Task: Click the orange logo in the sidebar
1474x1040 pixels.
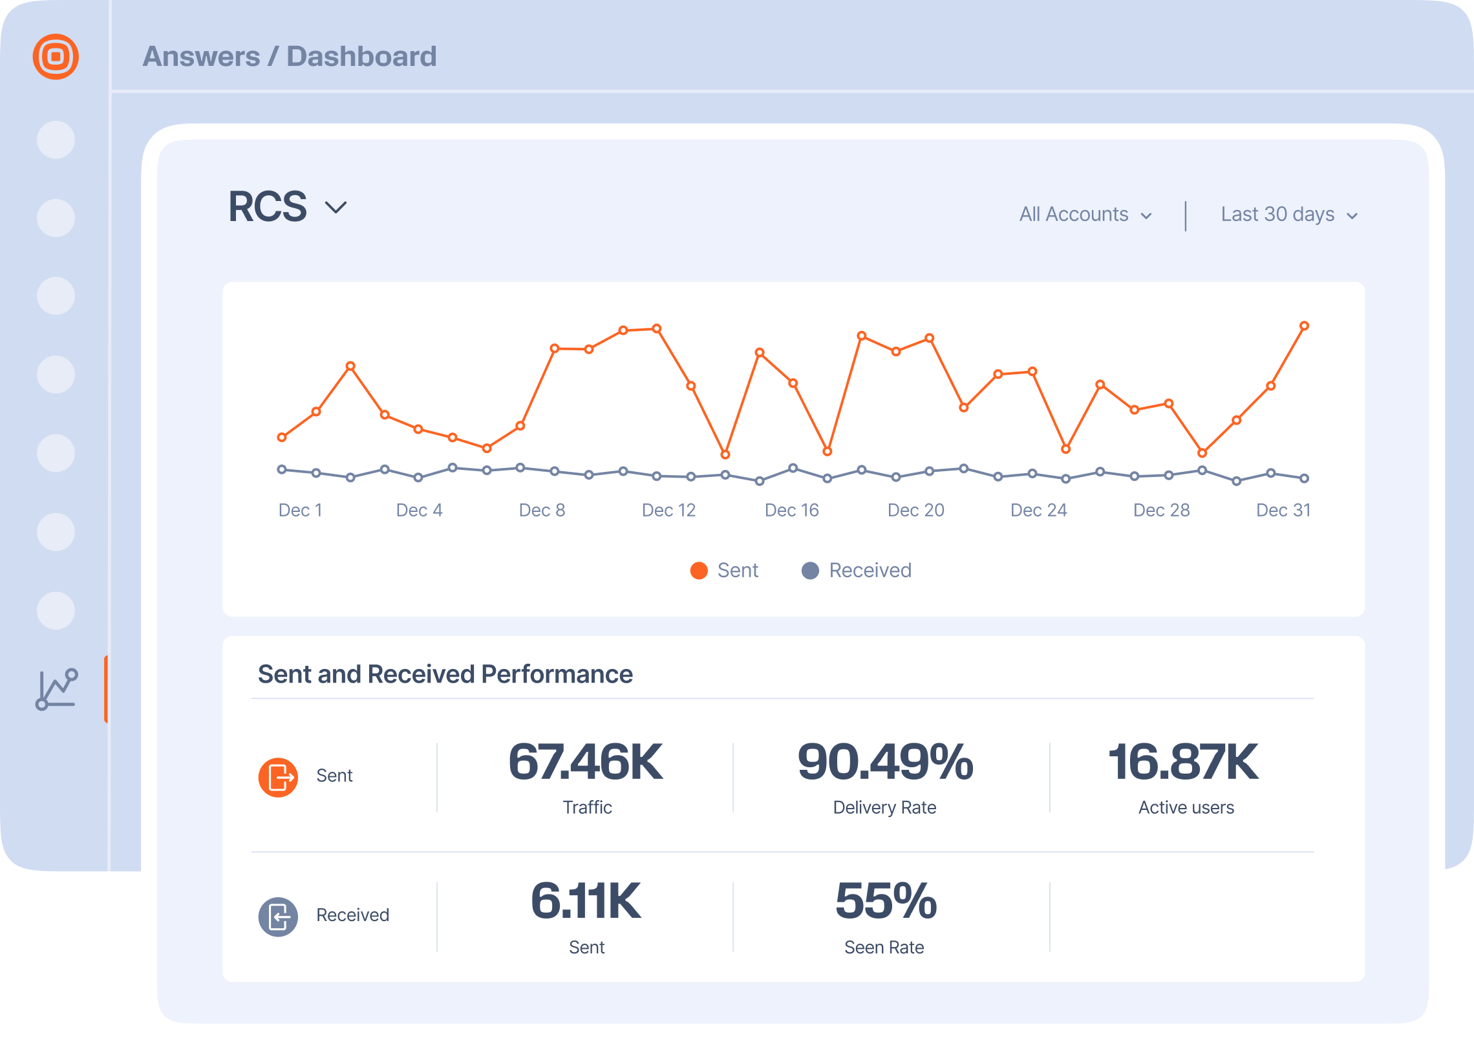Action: [x=56, y=57]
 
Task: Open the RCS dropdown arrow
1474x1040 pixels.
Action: [x=336, y=207]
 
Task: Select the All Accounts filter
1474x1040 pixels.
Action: [x=1085, y=215]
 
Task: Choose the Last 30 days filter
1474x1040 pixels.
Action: [x=1288, y=215]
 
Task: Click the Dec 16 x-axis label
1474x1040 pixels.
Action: [x=791, y=511]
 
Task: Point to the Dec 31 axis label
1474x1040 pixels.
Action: [x=1283, y=511]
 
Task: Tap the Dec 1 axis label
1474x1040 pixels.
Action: [x=300, y=511]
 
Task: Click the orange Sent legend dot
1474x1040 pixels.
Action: [x=699, y=571]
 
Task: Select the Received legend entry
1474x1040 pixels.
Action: [x=870, y=571]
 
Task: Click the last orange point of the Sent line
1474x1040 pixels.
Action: [x=1304, y=326]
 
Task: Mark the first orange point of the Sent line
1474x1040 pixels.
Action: [x=282, y=438]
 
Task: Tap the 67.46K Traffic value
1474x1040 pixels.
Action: [x=586, y=763]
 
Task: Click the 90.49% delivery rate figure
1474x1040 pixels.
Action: [x=885, y=763]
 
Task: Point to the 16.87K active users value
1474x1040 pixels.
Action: [x=1183, y=763]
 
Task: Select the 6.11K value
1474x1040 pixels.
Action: [x=586, y=902]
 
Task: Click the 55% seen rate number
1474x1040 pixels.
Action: [x=885, y=902]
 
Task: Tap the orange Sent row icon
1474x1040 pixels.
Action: [x=278, y=778]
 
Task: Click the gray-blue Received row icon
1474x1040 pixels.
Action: [x=278, y=917]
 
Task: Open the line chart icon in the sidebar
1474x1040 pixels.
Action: [x=57, y=690]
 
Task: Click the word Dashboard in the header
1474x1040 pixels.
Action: [x=361, y=57]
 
